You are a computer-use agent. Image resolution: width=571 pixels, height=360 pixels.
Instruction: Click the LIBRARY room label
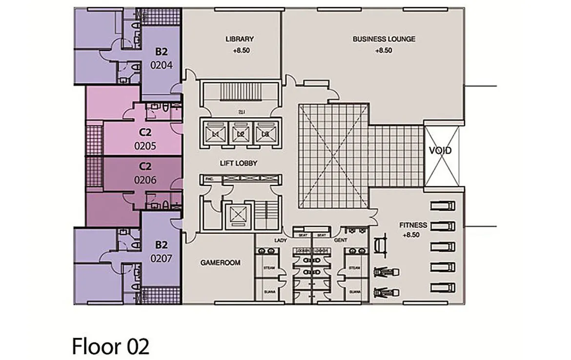pos(239,39)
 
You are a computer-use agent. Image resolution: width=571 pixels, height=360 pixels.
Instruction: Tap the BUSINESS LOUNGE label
pos(384,39)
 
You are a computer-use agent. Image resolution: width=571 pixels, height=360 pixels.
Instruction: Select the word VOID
pos(440,151)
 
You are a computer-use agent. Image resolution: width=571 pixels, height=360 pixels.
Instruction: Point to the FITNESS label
pos(413,225)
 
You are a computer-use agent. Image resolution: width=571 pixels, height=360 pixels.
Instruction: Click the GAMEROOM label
pos(220,262)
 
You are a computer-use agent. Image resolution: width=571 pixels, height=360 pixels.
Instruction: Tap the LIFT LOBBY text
pos(239,163)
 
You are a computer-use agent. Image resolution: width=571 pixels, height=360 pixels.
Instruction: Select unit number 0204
pos(161,64)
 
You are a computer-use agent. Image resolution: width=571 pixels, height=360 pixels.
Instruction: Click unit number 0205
pos(145,145)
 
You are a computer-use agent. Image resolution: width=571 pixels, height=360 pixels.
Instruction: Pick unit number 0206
pos(145,180)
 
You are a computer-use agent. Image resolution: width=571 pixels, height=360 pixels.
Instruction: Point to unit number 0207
pos(161,259)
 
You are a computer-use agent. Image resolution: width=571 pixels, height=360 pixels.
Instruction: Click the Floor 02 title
pos(110,346)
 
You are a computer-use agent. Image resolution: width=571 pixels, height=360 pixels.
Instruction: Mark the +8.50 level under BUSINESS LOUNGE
pos(384,50)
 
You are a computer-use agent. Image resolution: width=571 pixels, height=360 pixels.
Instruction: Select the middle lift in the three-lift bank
pos(240,133)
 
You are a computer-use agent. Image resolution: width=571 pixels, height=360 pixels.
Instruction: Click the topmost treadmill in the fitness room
pos(443,205)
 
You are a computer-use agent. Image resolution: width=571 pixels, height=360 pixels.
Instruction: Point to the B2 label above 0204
pos(161,51)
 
